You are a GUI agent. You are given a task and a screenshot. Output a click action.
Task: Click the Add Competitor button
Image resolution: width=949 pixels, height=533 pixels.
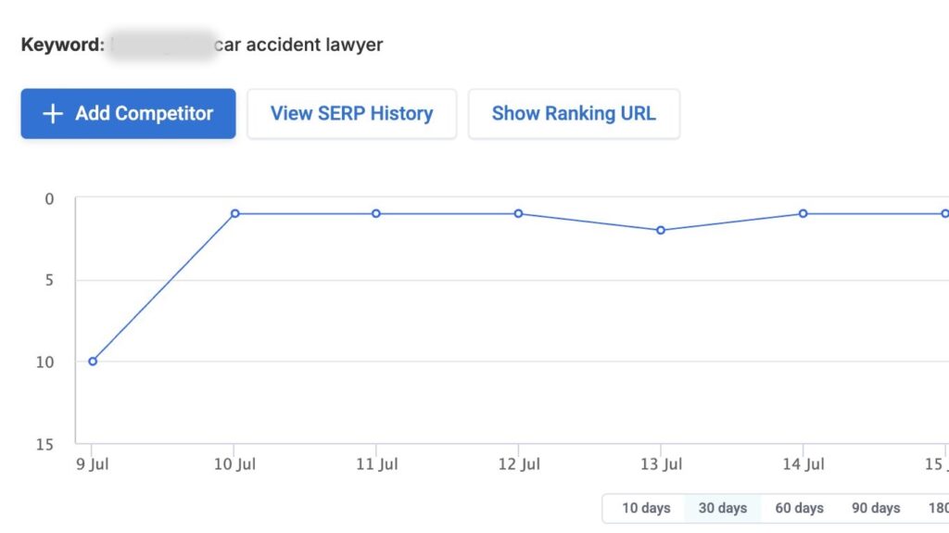(128, 114)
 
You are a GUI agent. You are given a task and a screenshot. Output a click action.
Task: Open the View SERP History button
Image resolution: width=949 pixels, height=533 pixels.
(351, 114)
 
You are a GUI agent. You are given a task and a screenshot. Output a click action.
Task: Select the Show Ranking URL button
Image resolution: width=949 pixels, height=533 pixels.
(574, 114)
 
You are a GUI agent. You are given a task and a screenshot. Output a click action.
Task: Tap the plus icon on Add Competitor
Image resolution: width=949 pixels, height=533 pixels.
(54, 114)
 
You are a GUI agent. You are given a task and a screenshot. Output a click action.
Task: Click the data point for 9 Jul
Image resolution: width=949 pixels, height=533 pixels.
(93, 361)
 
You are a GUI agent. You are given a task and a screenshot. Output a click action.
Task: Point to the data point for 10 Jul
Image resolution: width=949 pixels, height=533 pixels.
(235, 213)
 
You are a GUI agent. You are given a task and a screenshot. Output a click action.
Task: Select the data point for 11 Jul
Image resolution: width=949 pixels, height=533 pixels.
(376, 213)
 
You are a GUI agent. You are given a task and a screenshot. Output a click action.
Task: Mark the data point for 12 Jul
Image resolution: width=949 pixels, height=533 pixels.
(519, 213)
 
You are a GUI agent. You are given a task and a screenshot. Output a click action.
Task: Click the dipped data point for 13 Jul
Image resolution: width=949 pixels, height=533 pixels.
(661, 230)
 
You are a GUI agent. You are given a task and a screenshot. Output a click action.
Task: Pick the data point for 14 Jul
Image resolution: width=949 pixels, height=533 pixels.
(803, 213)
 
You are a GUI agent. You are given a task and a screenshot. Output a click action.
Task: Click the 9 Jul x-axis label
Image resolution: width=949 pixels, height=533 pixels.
(93, 463)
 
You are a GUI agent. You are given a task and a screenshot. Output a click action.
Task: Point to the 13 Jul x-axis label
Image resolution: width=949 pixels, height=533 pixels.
(661, 463)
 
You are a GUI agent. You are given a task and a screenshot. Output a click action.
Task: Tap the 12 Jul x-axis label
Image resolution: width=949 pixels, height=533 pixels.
(519, 463)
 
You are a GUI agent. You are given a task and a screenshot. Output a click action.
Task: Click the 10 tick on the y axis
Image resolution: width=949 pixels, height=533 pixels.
(45, 362)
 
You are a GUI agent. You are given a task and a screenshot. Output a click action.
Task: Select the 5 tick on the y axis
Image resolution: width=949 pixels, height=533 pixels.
(49, 280)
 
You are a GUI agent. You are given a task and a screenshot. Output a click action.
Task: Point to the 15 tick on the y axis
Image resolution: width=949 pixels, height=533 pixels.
(45, 444)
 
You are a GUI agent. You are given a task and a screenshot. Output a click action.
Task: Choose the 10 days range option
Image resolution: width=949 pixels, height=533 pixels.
(645, 508)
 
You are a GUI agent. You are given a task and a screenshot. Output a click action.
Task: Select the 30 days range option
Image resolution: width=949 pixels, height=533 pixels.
(722, 508)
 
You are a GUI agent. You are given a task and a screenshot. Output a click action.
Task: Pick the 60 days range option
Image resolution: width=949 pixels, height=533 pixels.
(799, 508)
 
